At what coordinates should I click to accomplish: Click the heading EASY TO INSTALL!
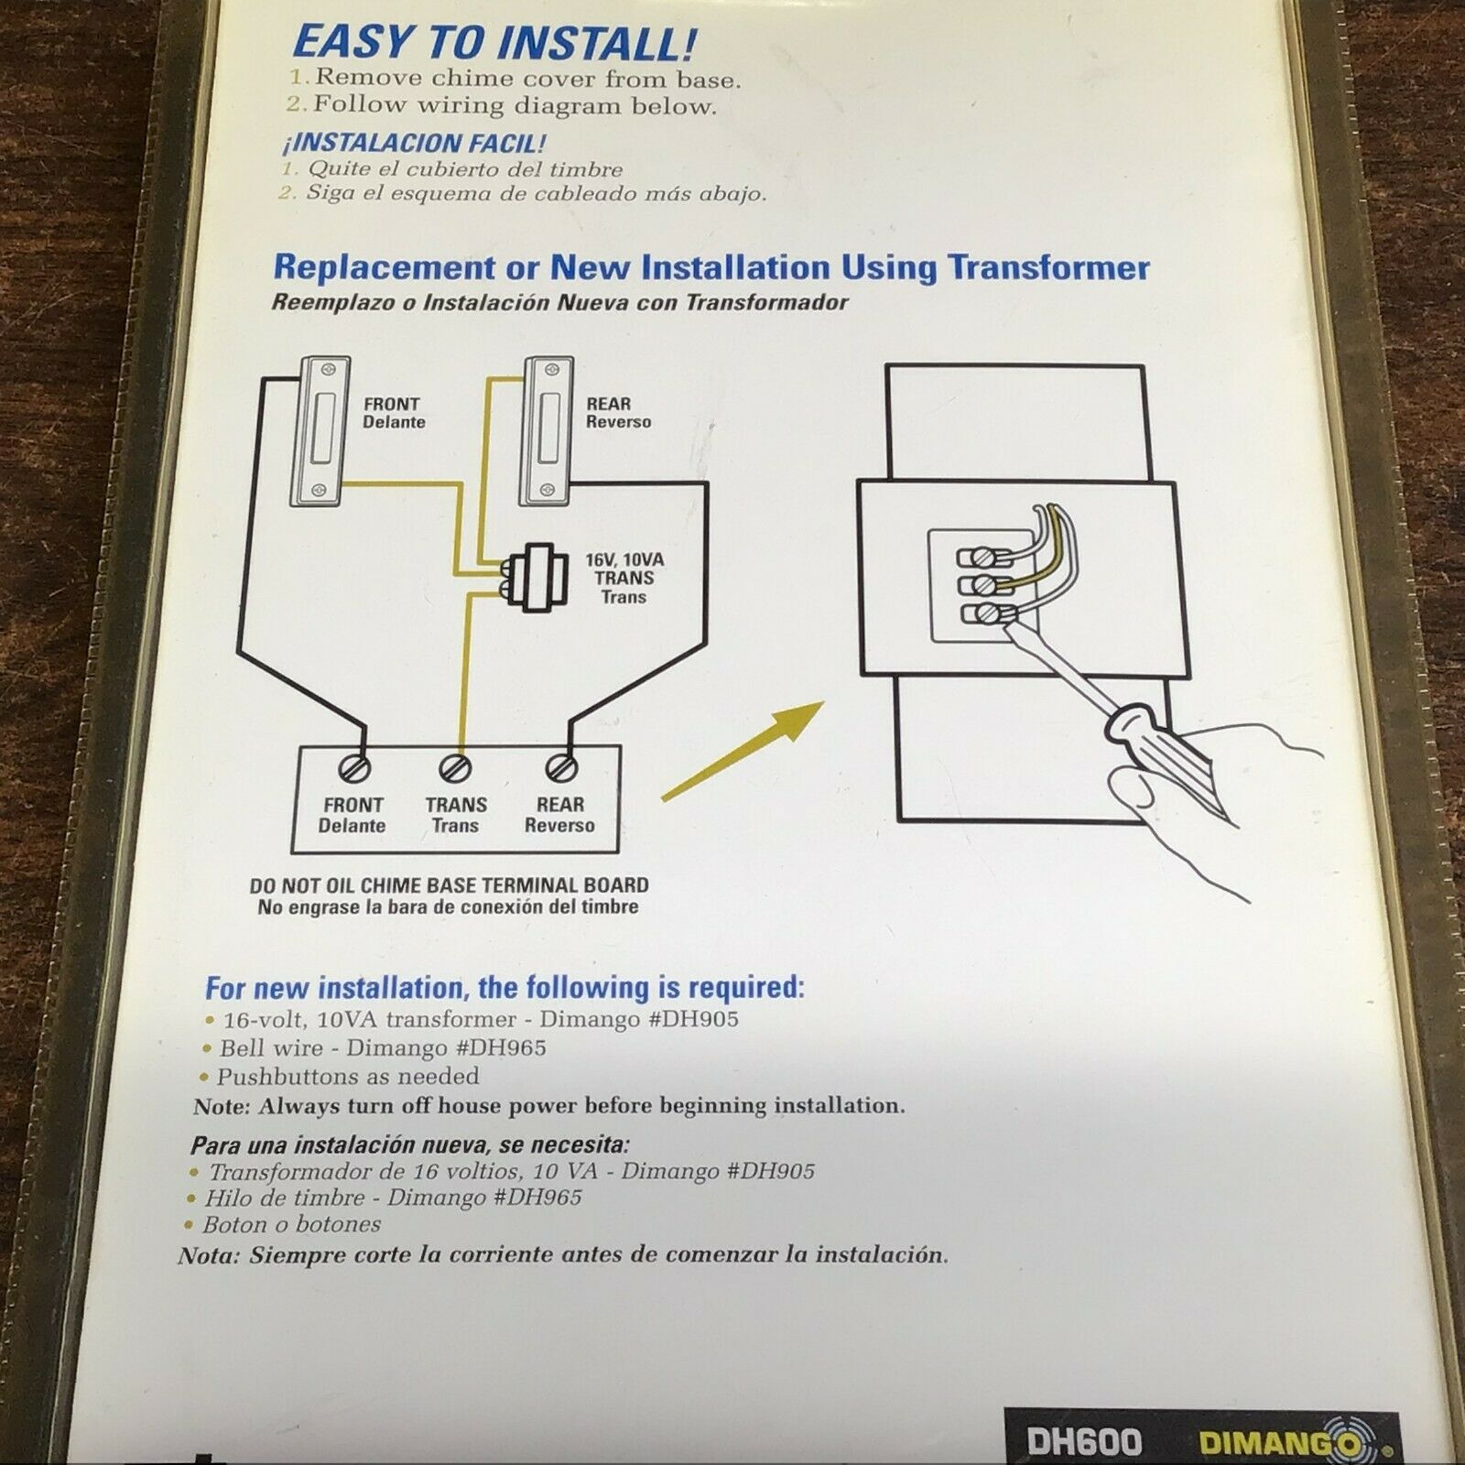coord(495,44)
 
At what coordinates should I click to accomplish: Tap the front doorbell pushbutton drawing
coord(320,430)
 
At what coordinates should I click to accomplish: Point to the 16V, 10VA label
coord(625,559)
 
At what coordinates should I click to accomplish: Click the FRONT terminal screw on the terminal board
coord(354,768)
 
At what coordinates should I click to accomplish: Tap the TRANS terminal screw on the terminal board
coord(456,767)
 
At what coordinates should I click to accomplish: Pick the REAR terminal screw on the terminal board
coord(560,767)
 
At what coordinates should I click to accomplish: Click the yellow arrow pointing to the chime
coord(743,751)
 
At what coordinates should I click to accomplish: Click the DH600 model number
coord(1084,1443)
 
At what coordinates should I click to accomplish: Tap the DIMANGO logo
coord(1292,1442)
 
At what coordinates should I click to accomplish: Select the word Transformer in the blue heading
coord(1049,267)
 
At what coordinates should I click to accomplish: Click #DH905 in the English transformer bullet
coord(693,1019)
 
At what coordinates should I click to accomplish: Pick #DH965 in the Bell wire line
coord(501,1048)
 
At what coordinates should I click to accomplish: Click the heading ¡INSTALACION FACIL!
coord(415,143)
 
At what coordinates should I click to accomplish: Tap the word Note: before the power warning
coord(222,1106)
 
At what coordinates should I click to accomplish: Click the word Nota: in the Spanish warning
coord(210,1255)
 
